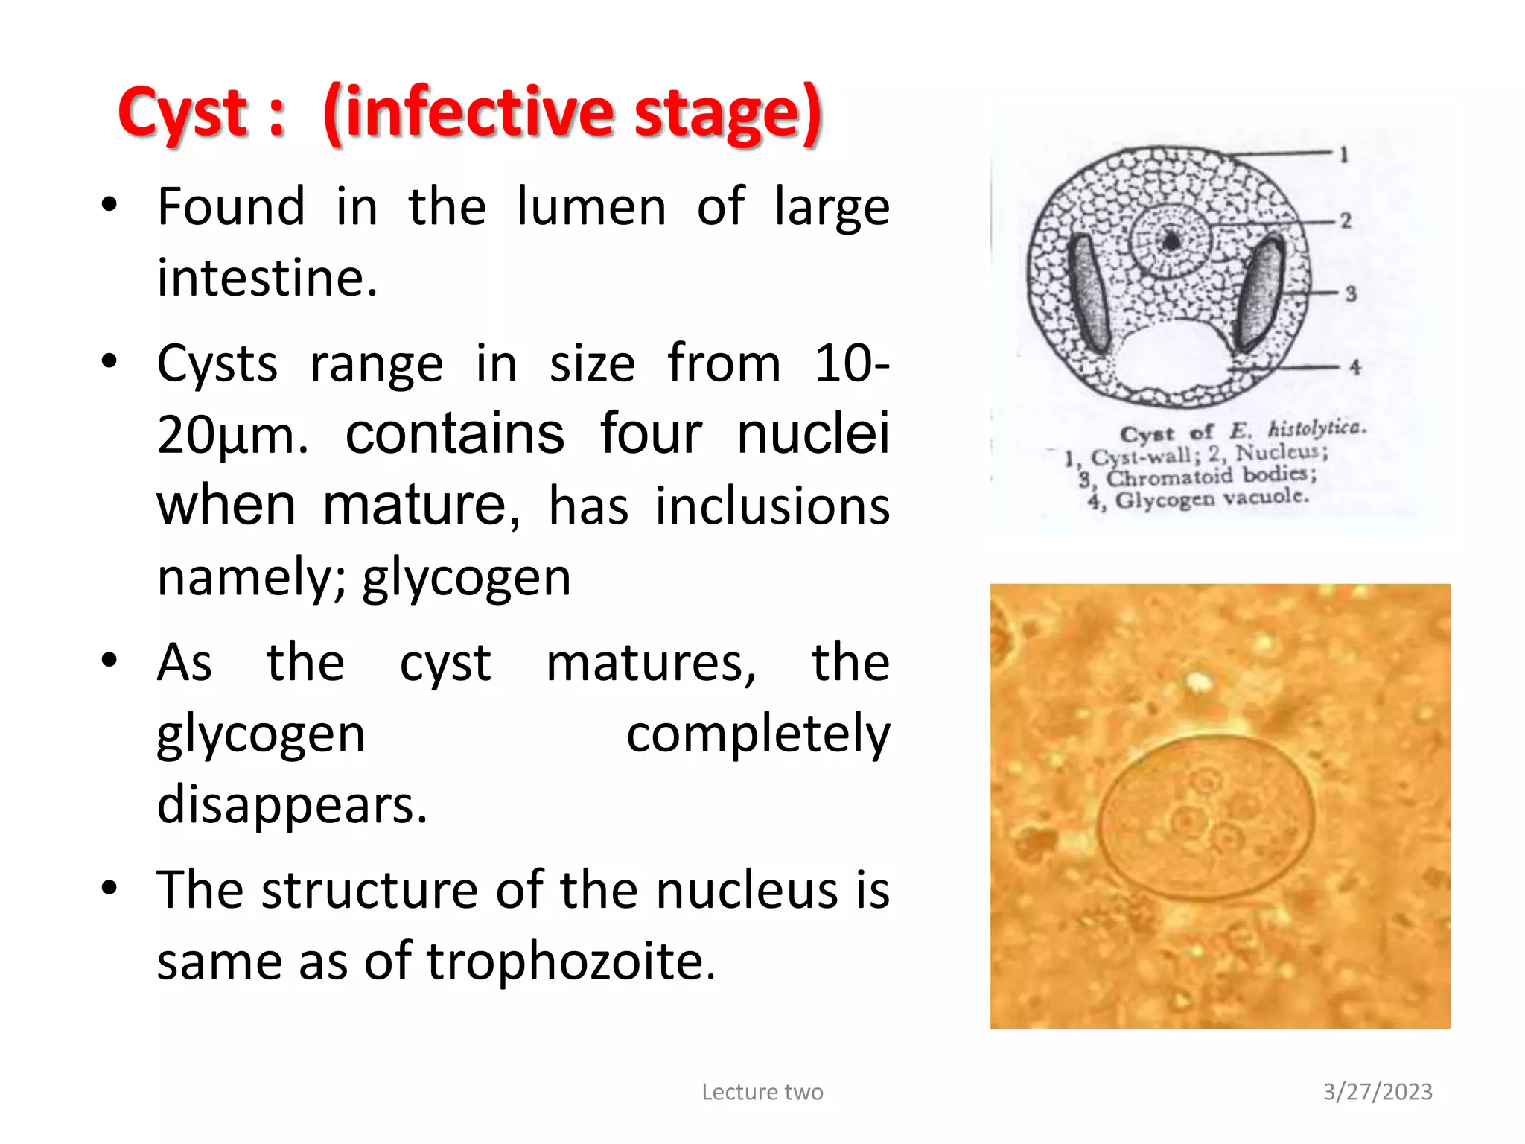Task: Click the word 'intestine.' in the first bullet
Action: point(267,278)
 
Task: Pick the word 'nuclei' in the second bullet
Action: point(813,433)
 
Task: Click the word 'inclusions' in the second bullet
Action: point(772,506)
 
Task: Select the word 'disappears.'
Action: point(292,805)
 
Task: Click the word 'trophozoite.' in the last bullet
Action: point(570,961)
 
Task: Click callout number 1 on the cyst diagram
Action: point(1344,155)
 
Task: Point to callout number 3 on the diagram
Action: point(1351,293)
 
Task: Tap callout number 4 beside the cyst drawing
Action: point(1354,366)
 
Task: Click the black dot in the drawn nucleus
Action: point(1172,241)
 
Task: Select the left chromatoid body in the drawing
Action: point(1089,292)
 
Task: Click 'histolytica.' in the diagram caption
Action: point(1317,428)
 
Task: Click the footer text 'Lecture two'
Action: point(762,1092)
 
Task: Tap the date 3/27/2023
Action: point(1378,1092)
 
